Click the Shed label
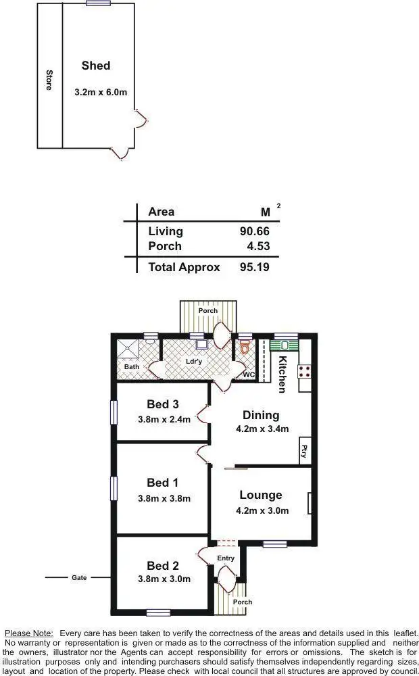[95, 66]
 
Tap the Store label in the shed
[49, 80]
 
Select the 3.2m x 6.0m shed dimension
[100, 91]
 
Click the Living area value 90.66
[254, 231]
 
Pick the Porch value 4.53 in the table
[258, 246]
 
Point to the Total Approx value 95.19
[254, 267]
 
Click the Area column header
[161, 212]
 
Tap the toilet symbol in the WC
[245, 348]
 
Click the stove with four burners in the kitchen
[304, 370]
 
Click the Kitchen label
[283, 374]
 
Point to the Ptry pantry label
[304, 450]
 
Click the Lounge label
[260, 496]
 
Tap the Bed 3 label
[163, 404]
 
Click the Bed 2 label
[163, 566]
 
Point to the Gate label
[79, 578]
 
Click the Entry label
[226, 558]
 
